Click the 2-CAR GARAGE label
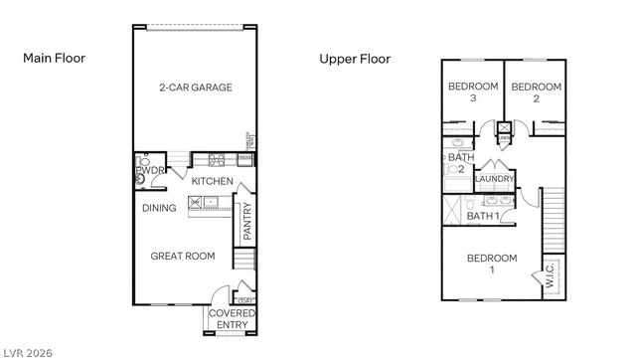195,88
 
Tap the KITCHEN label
213,181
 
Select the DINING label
159,208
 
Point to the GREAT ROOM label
182,257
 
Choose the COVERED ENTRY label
231,318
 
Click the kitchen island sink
196,202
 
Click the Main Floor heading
54,59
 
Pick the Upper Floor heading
355,59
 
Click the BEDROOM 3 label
473,92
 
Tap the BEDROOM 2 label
536,92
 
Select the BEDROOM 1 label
492,264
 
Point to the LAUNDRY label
495,179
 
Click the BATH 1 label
484,216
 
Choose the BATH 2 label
460,163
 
